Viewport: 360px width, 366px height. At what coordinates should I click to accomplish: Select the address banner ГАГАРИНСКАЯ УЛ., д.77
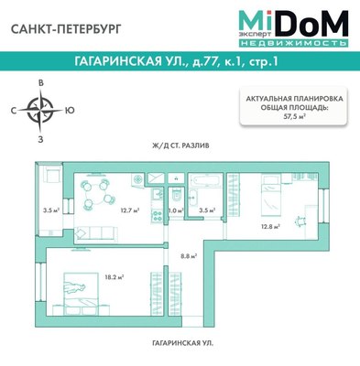tap(180, 63)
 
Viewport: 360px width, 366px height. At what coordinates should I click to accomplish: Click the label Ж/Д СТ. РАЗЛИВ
tap(180, 145)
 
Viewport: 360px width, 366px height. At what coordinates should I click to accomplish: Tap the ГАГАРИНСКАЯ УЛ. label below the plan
tap(180, 341)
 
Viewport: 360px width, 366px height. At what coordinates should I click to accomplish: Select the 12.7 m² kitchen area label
tap(128, 210)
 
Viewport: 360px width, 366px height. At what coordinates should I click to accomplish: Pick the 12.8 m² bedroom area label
tap(267, 225)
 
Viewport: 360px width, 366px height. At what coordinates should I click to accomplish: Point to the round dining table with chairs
tap(93, 193)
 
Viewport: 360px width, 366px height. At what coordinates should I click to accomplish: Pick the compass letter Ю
tap(71, 112)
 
